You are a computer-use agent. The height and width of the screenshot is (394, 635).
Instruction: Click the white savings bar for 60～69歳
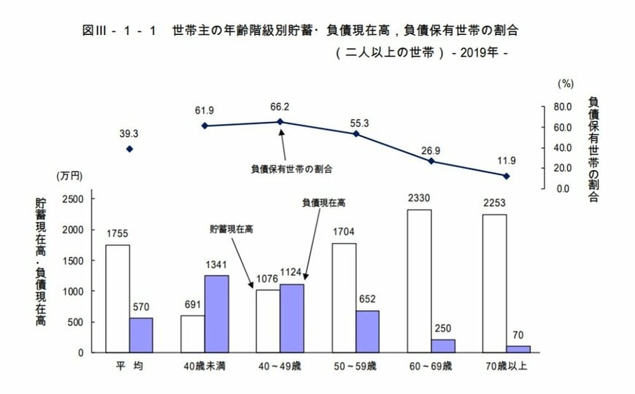(419, 281)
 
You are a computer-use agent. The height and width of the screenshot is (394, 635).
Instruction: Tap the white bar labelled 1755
(118, 298)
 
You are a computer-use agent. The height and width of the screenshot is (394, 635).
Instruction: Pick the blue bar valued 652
(367, 331)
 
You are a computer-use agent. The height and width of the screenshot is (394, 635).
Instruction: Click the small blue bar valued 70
(518, 349)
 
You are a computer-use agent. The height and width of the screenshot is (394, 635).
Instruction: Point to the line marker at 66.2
(281, 122)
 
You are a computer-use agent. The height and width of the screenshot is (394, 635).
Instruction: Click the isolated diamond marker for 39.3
(130, 149)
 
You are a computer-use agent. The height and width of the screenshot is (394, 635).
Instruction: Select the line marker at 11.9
(507, 176)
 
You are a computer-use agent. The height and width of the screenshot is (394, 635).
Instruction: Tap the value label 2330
(420, 198)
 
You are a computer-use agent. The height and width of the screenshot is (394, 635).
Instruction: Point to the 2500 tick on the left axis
(75, 198)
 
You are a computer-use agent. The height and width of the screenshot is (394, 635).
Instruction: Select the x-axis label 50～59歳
(355, 365)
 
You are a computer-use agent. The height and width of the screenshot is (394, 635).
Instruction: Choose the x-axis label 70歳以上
(507, 365)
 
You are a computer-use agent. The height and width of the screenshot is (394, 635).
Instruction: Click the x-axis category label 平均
(129, 365)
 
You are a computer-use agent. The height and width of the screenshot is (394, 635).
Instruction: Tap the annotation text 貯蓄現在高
(231, 229)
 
